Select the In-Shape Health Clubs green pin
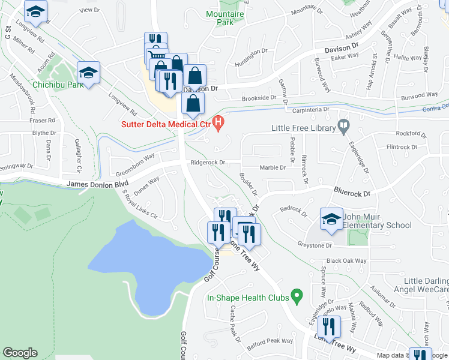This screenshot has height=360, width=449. [x=296, y=296]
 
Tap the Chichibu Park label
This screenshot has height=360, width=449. [x=58, y=85]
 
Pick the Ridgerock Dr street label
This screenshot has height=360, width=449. [x=207, y=162]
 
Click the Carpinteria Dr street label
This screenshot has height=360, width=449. [x=311, y=110]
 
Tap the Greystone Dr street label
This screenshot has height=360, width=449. [x=314, y=245]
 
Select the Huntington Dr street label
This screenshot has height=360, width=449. [x=251, y=53]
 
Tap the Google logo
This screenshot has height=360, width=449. [x=20, y=353]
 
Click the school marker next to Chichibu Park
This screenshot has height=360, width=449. [x=88, y=73]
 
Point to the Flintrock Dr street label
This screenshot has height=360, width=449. [x=405, y=146]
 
